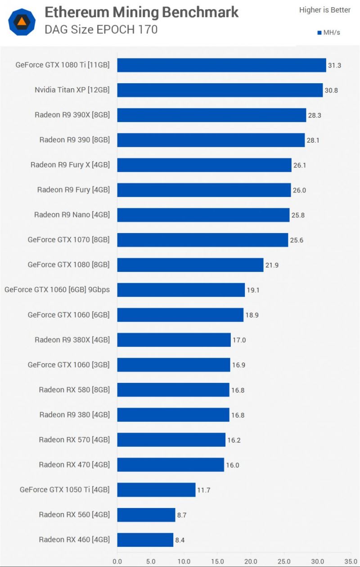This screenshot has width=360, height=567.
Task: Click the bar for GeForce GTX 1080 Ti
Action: click(221, 65)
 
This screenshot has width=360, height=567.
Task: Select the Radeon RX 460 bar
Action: click(145, 540)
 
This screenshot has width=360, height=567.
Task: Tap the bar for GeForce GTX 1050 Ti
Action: click(156, 490)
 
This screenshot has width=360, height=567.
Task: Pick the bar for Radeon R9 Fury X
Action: click(204, 165)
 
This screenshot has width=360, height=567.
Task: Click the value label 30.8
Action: click(331, 90)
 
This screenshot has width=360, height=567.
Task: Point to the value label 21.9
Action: click(272, 265)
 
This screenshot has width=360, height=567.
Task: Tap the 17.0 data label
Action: click(239, 340)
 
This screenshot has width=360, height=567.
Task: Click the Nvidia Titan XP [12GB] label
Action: click(72, 90)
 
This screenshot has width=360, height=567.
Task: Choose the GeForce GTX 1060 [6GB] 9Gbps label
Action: click(57, 290)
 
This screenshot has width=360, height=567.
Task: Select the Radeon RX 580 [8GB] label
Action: click(74, 390)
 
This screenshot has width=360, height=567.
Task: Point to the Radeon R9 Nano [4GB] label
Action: click(72, 215)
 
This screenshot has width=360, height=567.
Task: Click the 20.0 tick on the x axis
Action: click(251, 561)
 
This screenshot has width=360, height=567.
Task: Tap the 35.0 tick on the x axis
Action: click(351, 561)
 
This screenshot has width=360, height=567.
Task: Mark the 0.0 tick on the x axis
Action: click(117, 561)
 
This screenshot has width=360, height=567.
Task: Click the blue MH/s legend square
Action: click(319, 33)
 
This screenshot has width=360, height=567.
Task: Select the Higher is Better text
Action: click(324, 10)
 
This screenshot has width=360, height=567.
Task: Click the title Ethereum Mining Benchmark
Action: click(142, 12)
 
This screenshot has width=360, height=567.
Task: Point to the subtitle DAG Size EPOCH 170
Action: click(101, 30)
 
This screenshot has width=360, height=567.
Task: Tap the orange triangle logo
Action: click(22, 21)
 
